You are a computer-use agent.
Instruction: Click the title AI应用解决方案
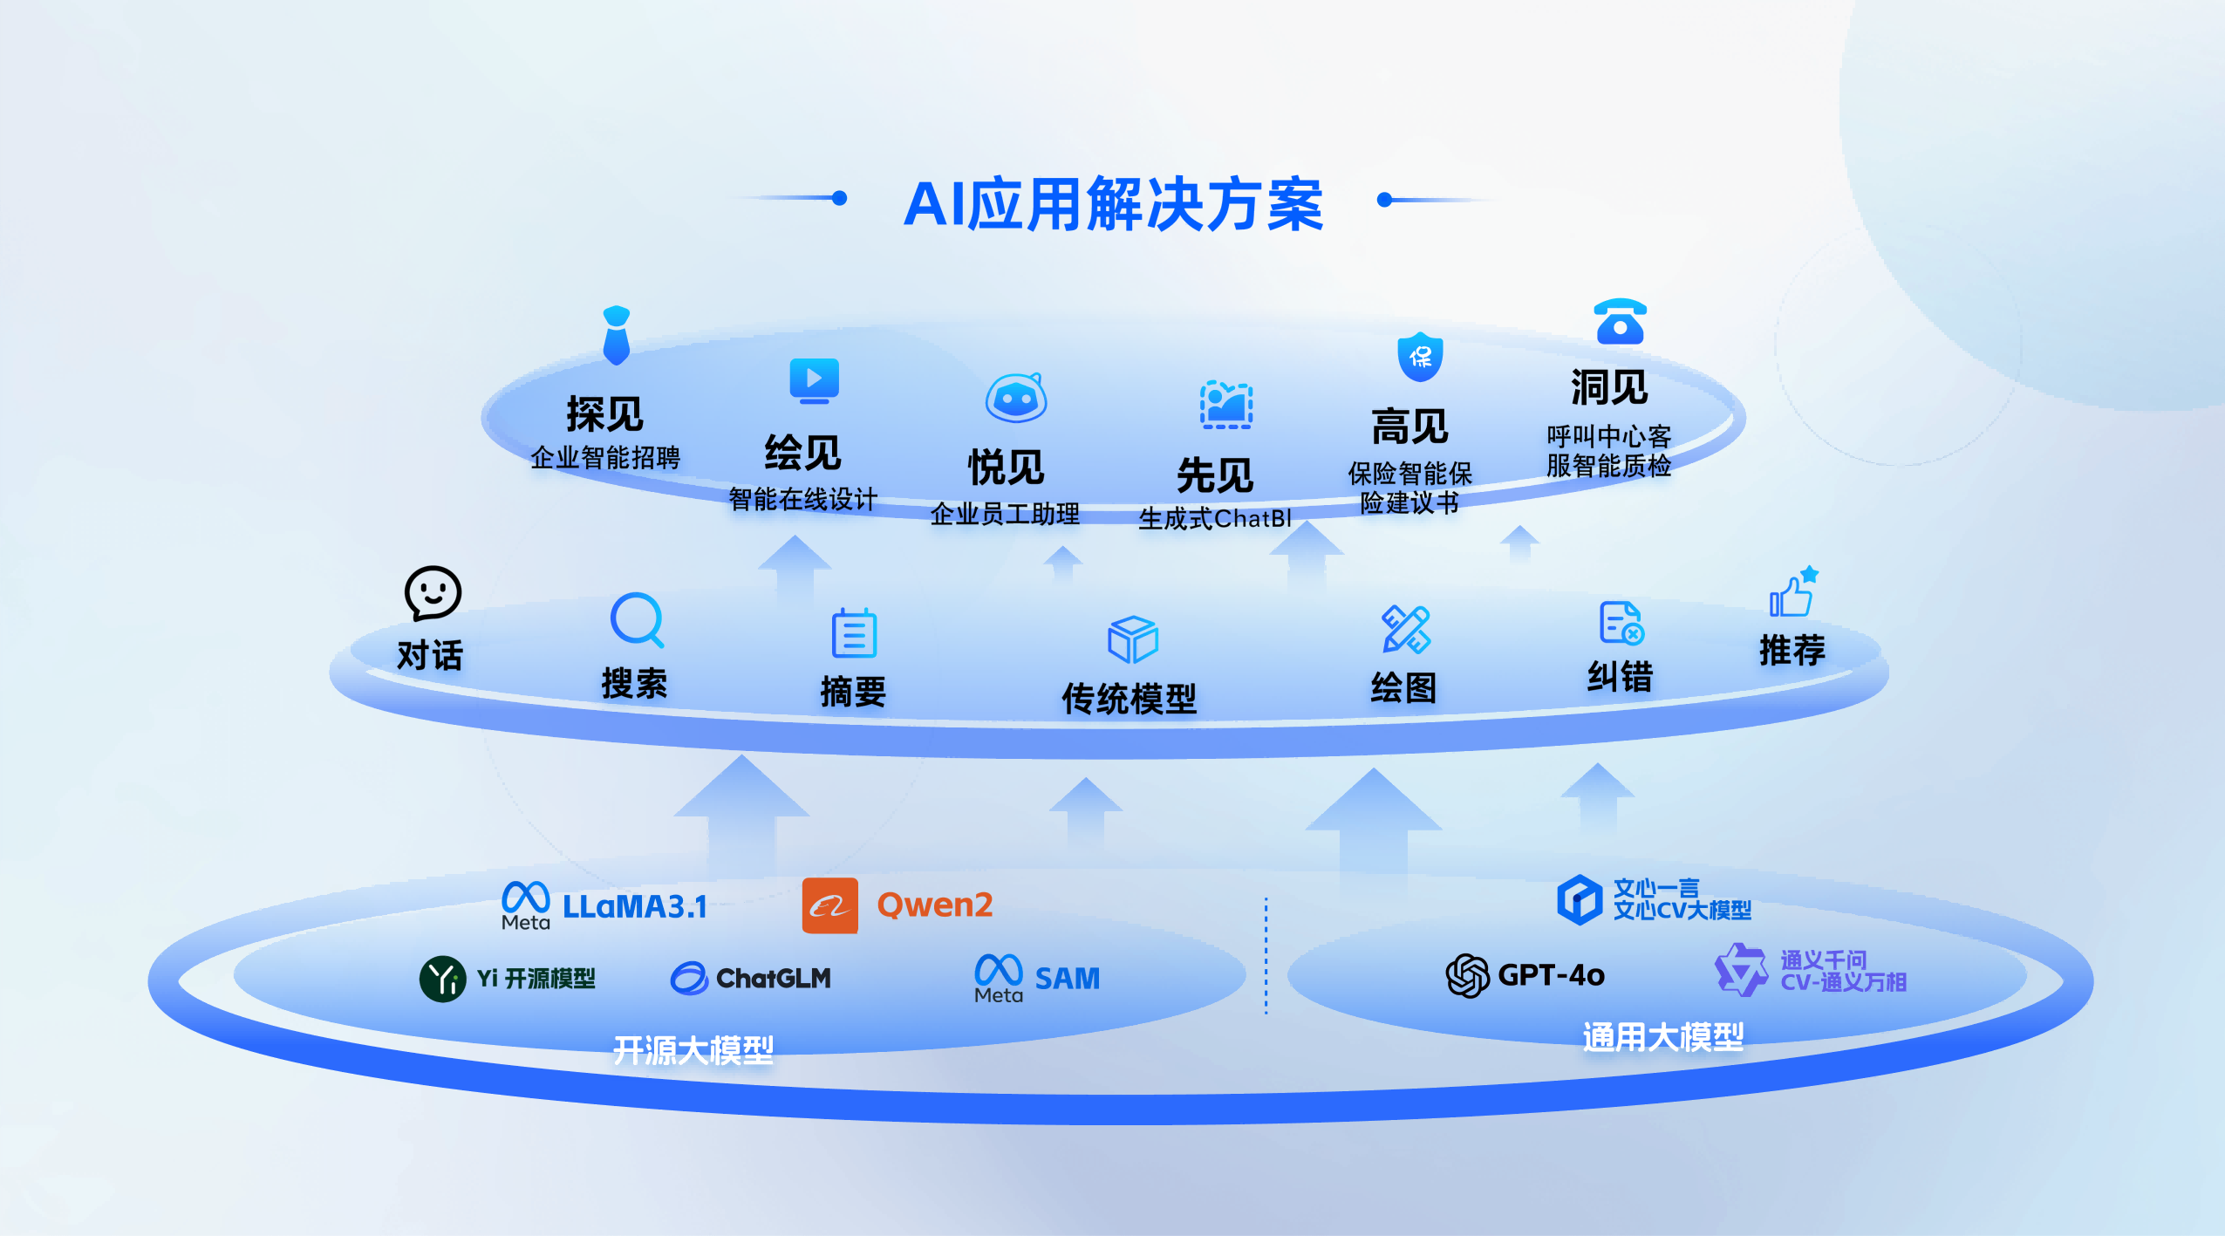[x=1113, y=205]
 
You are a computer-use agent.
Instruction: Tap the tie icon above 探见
[x=617, y=335]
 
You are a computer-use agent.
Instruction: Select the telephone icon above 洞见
[x=1620, y=321]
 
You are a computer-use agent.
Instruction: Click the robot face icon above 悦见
[x=1015, y=399]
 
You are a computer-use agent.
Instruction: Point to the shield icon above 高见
[x=1420, y=357]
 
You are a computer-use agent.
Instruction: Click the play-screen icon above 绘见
[x=814, y=380]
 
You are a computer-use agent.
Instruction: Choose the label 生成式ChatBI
[x=1214, y=519]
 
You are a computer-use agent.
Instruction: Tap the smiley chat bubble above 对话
[x=433, y=594]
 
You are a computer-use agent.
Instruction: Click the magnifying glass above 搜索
[x=637, y=620]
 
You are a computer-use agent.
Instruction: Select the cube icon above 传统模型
[x=1132, y=639]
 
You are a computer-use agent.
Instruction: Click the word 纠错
[x=1620, y=676]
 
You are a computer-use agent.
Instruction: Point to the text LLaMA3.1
[x=634, y=907]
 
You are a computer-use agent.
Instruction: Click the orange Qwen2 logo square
[x=829, y=906]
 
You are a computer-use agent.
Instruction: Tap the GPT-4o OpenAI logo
[x=1467, y=975]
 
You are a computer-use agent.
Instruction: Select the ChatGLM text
[x=773, y=979]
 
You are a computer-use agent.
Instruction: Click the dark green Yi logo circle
[x=443, y=979]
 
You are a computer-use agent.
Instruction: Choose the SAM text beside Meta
[x=1067, y=979]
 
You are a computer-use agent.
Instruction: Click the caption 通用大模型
[x=1662, y=1036]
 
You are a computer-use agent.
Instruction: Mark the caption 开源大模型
[x=693, y=1050]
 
